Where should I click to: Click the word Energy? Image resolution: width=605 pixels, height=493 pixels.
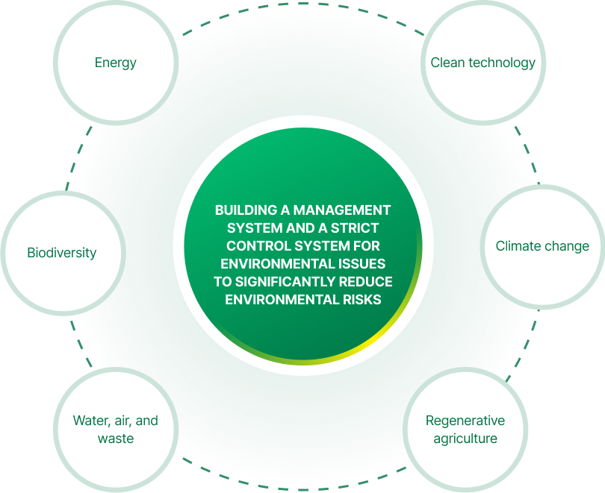115,63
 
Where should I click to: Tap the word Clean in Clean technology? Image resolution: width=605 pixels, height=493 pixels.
447,63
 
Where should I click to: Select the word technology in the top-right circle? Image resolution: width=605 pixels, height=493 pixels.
501,63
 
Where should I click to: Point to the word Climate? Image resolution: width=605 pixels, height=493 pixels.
520,246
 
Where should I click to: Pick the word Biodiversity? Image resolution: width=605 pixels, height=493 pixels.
61,253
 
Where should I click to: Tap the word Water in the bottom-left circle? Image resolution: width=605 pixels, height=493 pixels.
90,421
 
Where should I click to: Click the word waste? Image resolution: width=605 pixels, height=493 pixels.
116,439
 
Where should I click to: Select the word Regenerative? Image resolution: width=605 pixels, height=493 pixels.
465,421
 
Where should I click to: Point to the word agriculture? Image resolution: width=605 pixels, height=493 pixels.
465,439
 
